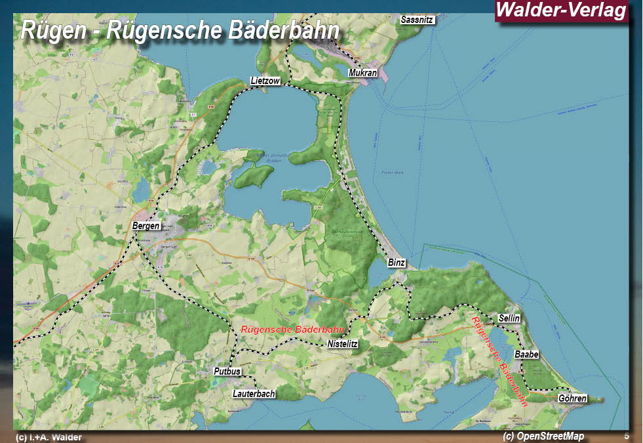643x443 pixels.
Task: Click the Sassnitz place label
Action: tap(418, 20)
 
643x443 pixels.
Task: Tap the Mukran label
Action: tap(363, 73)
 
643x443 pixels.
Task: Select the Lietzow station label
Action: tap(265, 81)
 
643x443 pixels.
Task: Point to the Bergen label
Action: tap(146, 226)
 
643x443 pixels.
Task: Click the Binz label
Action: tap(397, 263)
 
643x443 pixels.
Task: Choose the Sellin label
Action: tap(509, 318)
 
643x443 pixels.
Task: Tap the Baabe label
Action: tap(526, 354)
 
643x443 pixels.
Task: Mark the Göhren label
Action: tap(572, 398)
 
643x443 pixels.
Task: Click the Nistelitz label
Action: tap(341, 344)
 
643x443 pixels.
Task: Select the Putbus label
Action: tap(227, 372)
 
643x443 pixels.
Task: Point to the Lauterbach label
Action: tap(254, 394)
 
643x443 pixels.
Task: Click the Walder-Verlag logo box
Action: tap(562, 11)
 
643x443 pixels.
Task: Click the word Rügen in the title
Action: tap(52, 31)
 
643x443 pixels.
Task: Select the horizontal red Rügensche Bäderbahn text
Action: tap(293, 329)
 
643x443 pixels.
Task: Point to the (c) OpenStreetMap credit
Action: tap(543, 436)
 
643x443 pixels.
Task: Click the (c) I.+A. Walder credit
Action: tap(49, 437)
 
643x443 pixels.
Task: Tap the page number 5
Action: tap(626, 436)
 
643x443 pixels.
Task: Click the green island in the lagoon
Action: tap(253, 176)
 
